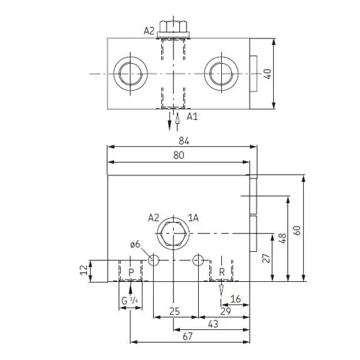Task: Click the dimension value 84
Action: click(184, 141)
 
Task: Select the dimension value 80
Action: click(178, 155)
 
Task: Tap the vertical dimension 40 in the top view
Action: click(268, 74)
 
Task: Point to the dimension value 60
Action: click(297, 230)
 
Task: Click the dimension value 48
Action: click(283, 238)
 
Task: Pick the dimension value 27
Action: click(266, 258)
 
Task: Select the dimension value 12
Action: click(84, 270)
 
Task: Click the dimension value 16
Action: click(235, 298)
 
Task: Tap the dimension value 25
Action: click(175, 311)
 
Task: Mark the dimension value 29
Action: click(226, 311)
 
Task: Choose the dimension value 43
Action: click(213, 324)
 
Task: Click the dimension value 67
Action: click(187, 337)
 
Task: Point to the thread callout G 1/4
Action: click(130, 300)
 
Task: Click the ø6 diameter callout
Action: click(135, 244)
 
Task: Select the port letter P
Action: click(131, 272)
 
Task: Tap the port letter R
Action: click(222, 272)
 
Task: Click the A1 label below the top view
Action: click(192, 116)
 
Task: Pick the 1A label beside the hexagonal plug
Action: click(193, 218)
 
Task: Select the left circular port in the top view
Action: click(130, 74)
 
